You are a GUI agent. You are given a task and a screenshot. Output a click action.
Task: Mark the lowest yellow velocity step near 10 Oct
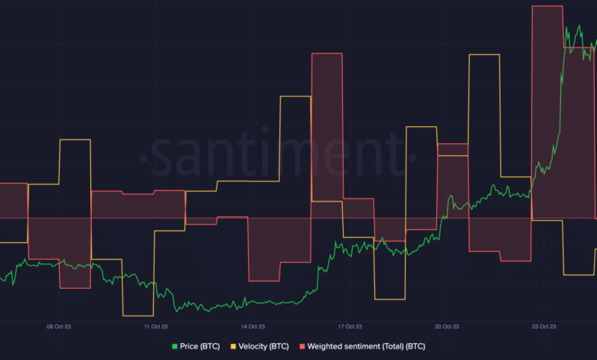(x=138, y=315)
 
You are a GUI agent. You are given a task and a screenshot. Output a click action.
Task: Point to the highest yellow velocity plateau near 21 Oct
(x=484, y=55)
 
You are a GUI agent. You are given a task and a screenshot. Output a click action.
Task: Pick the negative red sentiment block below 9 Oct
(x=75, y=253)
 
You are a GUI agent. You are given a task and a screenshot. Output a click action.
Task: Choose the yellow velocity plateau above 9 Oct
(x=75, y=140)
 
